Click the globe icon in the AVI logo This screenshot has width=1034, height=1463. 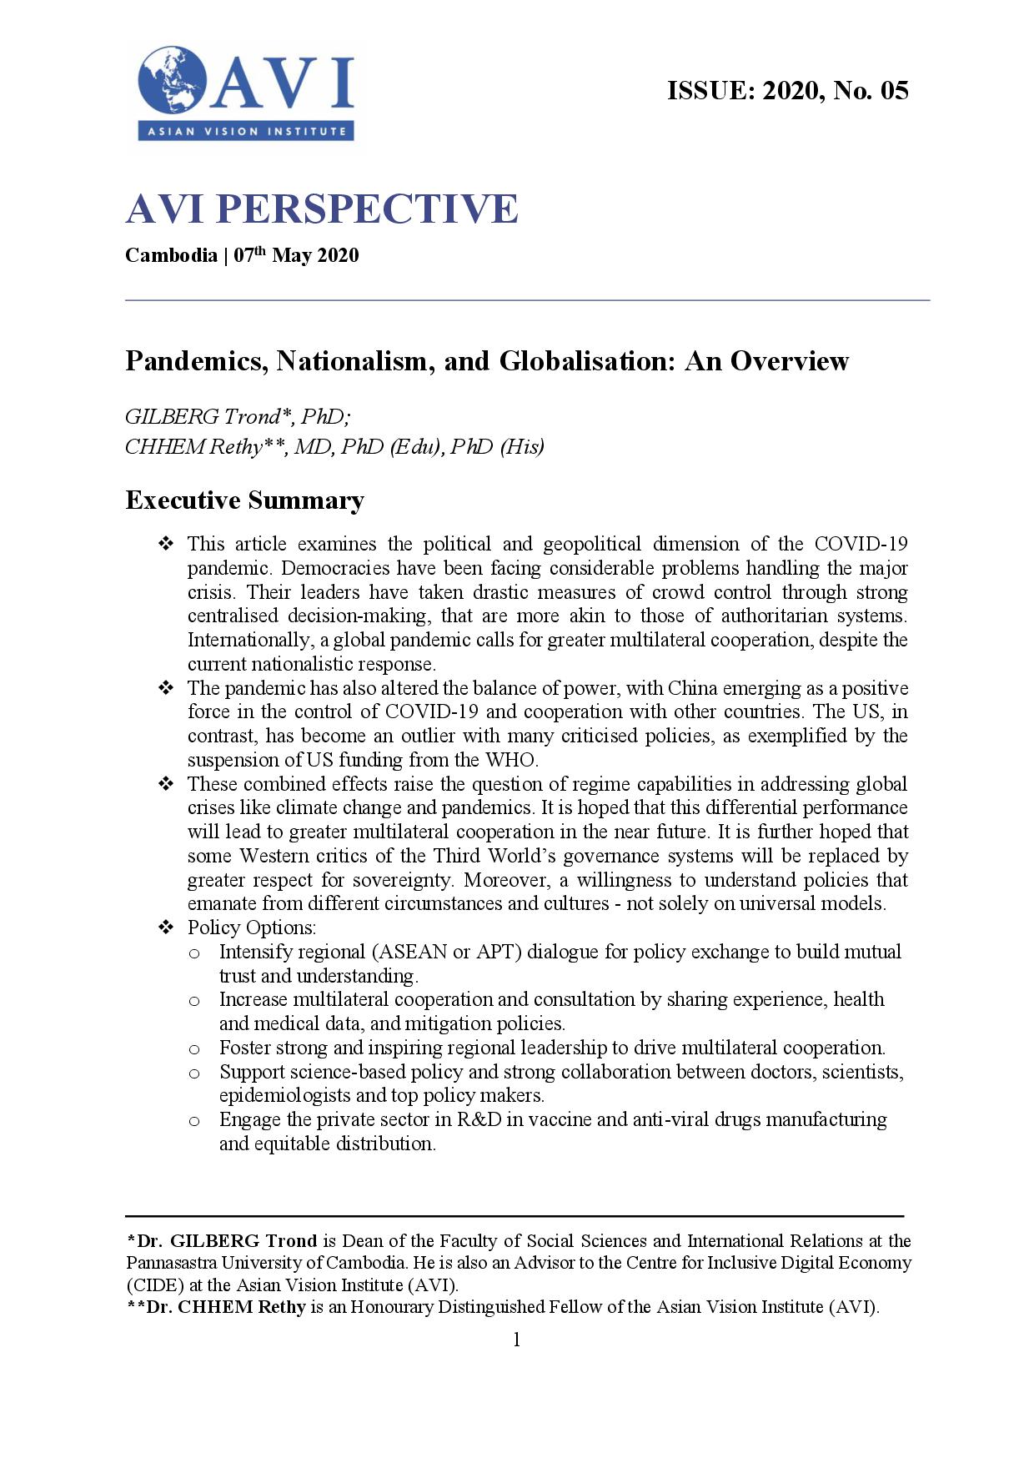click(x=173, y=82)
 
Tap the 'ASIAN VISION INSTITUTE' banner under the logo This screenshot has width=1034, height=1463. click(x=246, y=131)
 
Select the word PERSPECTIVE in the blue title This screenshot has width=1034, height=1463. click(x=367, y=209)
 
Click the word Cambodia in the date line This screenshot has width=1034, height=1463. click(x=171, y=255)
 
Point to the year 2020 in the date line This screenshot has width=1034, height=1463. click(x=339, y=255)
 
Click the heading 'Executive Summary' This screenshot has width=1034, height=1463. click(x=244, y=500)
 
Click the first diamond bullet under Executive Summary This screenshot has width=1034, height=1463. click(x=165, y=545)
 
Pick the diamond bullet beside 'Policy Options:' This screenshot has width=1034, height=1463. click(x=165, y=928)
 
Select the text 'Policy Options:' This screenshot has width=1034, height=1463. click(x=252, y=928)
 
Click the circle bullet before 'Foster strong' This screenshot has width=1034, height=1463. click(x=193, y=1048)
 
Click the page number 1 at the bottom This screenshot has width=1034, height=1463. click(x=516, y=1340)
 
